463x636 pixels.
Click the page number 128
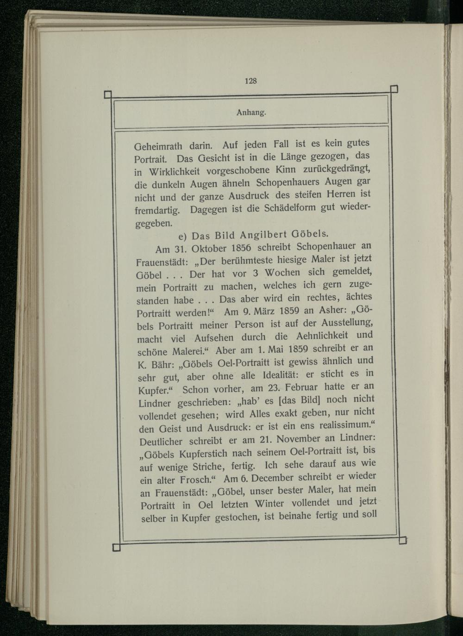pos(250,80)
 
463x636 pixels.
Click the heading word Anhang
pos(250,112)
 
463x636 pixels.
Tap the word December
pos(270,477)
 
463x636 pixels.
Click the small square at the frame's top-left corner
pos(107,95)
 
